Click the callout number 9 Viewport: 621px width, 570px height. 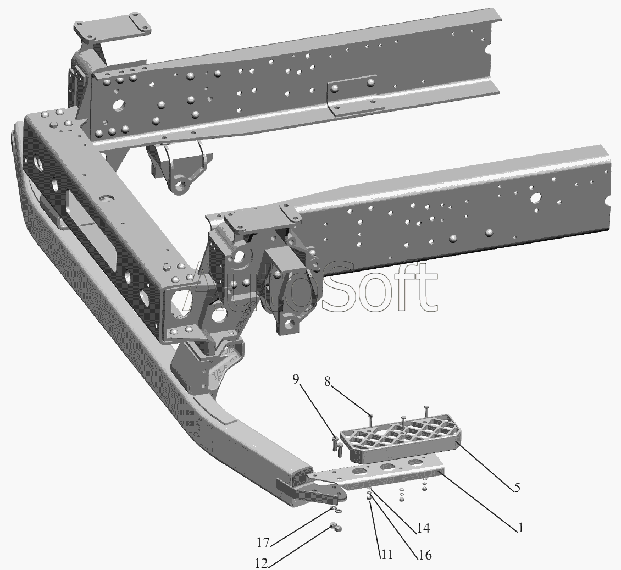click(296, 379)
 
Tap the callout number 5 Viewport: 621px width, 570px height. click(517, 487)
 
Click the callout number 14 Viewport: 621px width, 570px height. click(423, 528)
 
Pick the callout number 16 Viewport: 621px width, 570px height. click(423, 555)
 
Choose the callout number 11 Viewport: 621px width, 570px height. click(386, 555)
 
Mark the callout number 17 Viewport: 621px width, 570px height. click(263, 543)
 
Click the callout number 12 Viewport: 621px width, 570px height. click(262, 563)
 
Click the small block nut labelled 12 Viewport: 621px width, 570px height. click(335, 527)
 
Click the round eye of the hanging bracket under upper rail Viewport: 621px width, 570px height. click(181, 185)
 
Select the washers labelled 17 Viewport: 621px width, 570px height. click(336, 509)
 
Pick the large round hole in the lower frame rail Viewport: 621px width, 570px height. click(535, 197)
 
